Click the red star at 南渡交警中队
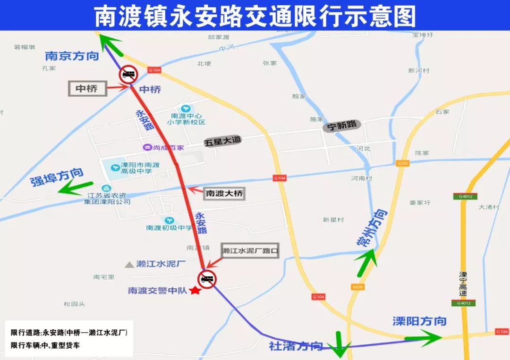[x=194, y=291]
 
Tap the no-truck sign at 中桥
[x=128, y=74]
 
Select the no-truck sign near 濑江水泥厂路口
[x=207, y=279]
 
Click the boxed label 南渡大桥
[x=225, y=193]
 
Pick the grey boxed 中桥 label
[x=88, y=88]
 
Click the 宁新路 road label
[x=342, y=126]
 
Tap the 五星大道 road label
[x=222, y=141]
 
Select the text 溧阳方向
[x=419, y=321]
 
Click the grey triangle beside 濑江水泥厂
[x=129, y=265]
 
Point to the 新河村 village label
[x=419, y=70]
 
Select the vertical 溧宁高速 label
[x=463, y=284]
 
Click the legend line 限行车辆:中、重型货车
[x=45, y=345]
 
